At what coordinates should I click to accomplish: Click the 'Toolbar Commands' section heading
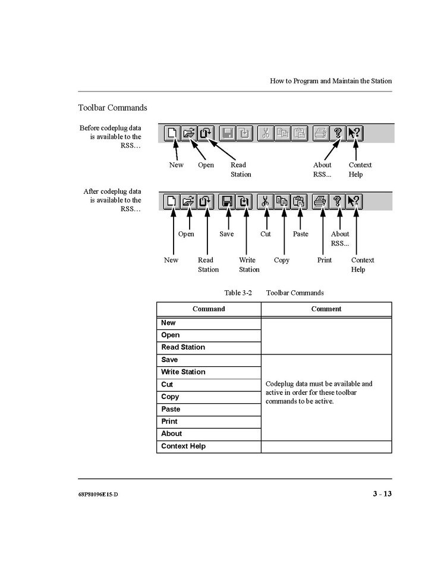[112, 108]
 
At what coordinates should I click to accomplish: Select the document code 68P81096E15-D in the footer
[97, 495]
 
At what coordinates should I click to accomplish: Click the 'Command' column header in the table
[209, 309]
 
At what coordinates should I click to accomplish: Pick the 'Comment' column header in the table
[326, 309]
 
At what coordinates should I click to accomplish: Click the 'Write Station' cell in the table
[183, 372]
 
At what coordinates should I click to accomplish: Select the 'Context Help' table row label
[183, 446]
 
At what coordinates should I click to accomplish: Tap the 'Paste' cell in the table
[171, 409]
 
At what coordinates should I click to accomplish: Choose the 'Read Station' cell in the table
[183, 347]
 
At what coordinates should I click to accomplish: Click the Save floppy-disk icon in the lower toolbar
[226, 202]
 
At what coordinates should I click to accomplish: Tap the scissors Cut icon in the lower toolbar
[265, 202]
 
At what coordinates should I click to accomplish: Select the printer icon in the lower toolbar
[320, 202]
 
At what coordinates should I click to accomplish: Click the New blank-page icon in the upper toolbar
[172, 133]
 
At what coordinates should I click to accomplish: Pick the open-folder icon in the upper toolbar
[188, 133]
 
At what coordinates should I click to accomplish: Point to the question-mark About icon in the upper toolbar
[338, 133]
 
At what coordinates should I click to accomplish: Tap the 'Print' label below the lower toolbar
[325, 260]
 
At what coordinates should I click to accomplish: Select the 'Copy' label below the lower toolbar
[282, 260]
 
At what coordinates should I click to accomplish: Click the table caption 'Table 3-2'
[238, 293]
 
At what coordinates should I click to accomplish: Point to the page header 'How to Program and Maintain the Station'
[330, 81]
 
